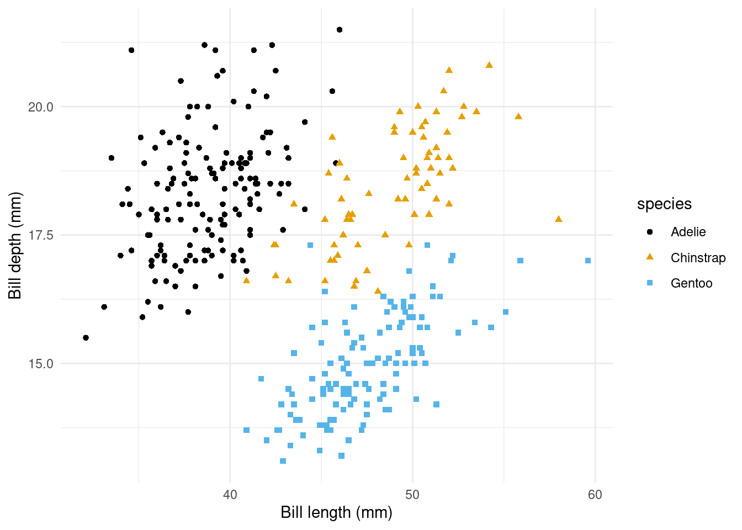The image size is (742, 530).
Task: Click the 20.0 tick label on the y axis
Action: point(40,107)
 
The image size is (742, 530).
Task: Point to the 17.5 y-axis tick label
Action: point(40,235)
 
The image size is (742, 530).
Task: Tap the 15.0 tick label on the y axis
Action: point(40,364)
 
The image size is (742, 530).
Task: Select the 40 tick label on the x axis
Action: point(230,494)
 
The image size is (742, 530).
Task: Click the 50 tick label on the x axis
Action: point(412,494)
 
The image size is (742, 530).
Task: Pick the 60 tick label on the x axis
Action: point(595,494)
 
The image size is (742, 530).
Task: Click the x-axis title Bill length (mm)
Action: point(336,512)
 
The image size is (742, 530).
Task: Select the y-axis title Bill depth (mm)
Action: point(15,246)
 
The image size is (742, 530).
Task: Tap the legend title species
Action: point(664,204)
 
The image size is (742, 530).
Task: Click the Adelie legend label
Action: point(688,232)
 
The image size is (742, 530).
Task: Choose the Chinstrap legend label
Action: point(698,258)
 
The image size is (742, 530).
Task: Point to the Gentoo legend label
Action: point(691,283)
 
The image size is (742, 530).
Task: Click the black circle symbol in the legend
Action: point(650,232)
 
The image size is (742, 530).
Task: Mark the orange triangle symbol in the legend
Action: point(650,257)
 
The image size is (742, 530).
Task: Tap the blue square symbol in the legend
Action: point(650,283)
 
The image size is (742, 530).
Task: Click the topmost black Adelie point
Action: point(340,30)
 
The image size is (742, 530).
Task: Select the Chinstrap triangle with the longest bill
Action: point(559,219)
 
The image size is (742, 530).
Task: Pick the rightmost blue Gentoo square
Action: point(588,261)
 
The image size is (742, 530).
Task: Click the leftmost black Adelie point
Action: point(86,338)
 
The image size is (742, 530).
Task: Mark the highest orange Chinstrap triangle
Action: point(489,65)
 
